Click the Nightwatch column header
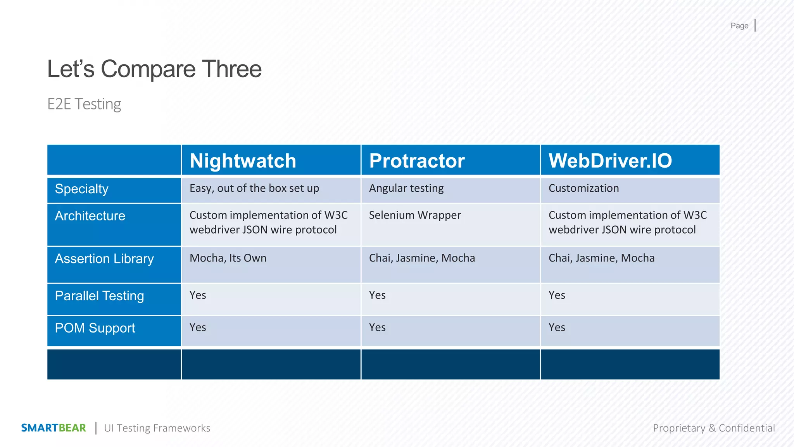point(243,161)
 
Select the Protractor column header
point(417,161)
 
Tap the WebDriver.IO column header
point(610,161)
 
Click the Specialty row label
point(82,189)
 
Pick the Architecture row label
point(90,216)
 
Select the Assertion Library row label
point(104,259)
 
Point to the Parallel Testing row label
point(99,296)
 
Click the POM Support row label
point(95,328)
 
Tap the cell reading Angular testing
point(406,188)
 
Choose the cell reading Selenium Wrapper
point(415,215)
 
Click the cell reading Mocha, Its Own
point(228,258)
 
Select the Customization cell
point(583,188)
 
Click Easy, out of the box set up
point(254,188)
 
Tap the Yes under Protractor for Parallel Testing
point(377,295)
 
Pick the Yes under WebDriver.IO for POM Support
point(557,327)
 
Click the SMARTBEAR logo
point(54,428)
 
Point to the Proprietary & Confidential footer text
point(714,428)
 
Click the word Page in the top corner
point(739,26)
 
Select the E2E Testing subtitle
point(84,104)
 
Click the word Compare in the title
point(148,69)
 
